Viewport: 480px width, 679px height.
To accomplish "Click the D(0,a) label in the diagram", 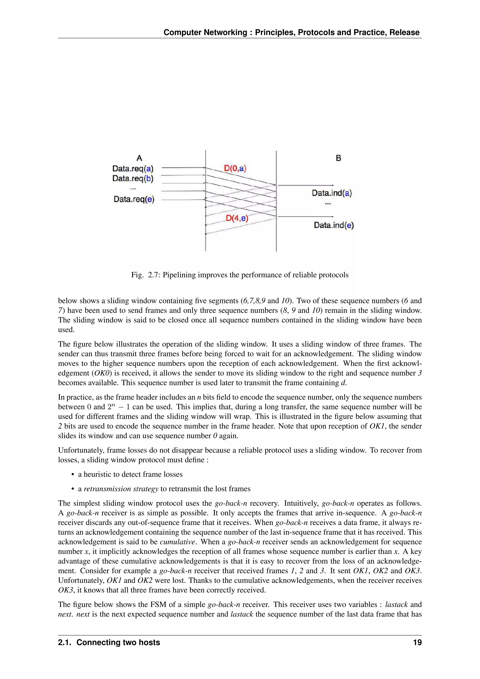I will point(235,169).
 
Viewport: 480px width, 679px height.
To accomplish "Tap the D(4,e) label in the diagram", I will point(237,219).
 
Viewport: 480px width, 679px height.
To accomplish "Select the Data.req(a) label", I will point(133,169).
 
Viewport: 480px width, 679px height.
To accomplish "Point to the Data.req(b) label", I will point(133,178).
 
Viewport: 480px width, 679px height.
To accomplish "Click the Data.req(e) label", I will point(134,199).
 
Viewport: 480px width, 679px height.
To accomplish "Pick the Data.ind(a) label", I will point(332,193).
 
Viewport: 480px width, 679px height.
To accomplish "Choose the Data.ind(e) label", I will point(334,225).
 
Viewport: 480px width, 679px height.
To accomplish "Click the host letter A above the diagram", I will point(139,158).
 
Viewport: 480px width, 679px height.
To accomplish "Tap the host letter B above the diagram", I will point(338,158).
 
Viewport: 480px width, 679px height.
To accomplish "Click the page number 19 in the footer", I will point(417,642).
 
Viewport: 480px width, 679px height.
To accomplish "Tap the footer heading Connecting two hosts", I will point(118,642).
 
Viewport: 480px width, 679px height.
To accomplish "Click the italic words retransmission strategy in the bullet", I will point(121,489).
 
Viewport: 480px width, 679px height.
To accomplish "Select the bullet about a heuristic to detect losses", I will point(130,474).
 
